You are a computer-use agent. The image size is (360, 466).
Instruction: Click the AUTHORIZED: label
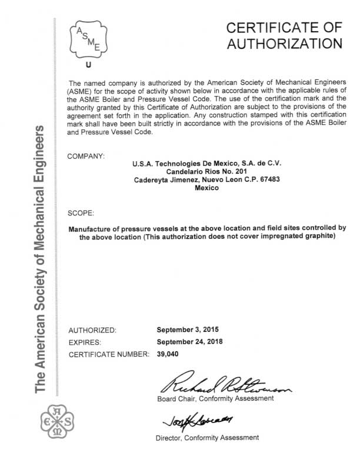click(93, 329)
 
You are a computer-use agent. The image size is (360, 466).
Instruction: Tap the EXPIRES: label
click(85, 342)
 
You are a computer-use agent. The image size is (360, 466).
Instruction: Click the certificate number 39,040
click(168, 354)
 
